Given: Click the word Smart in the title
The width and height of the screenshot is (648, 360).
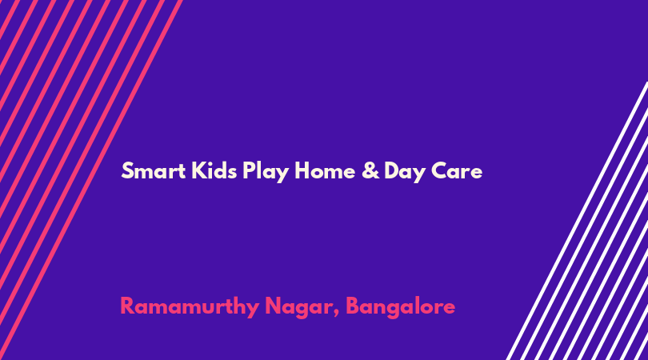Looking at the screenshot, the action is [x=154, y=170].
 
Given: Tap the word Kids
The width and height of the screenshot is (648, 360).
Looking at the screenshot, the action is [x=214, y=170].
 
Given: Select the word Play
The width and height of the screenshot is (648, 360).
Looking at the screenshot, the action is [x=266, y=172].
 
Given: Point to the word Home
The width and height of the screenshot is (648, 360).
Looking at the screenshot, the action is [x=325, y=170].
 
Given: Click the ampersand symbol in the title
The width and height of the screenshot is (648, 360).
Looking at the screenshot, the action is [x=370, y=170].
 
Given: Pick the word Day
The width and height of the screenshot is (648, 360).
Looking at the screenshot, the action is [x=405, y=172].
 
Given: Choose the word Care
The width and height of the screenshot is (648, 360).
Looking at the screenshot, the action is [x=457, y=170].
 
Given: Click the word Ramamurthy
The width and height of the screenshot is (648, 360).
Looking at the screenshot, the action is [x=190, y=307].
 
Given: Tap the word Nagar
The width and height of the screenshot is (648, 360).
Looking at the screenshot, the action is [x=299, y=308].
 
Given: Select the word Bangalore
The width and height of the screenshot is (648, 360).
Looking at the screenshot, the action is [x=401, y=307].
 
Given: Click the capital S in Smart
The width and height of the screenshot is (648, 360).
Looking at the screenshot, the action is [x=127, y=170].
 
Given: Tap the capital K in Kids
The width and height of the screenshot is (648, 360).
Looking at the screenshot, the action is [x=199, y=170].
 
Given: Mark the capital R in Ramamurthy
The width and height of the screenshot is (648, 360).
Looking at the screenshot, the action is [x=127, y=306].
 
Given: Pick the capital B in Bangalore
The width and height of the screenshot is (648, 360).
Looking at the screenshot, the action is [x=353, y=306].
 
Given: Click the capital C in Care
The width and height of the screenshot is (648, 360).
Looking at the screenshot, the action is [x=440, y=170].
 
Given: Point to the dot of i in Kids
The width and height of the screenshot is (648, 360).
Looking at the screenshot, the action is [x=211, y=164].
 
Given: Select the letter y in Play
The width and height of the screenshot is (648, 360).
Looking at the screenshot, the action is [x=281, y=174].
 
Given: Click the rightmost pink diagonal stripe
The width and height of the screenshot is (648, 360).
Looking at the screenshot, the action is [x=91, y=180].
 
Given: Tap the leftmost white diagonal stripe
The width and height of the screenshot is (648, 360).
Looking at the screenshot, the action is [x=578, y=221].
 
